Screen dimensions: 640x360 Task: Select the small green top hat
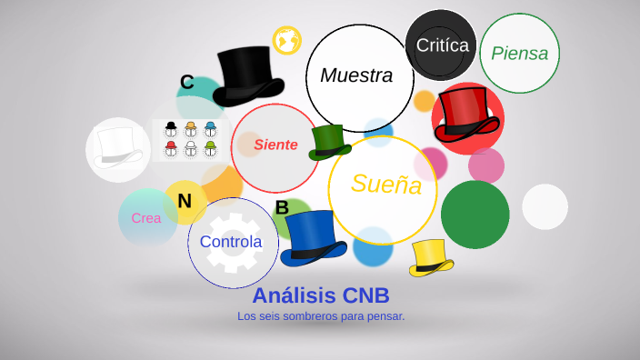point(329,142)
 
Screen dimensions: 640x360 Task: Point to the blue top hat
point(313,237)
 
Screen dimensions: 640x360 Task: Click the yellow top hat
point(431,257)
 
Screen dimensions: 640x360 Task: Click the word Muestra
point(356,75)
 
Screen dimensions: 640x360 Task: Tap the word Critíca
point(442,45)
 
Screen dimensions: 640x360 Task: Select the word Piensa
point(519,53)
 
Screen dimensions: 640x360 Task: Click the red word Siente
point(275,145)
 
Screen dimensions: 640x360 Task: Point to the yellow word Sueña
point(386,185)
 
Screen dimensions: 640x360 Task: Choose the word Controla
point(231,242)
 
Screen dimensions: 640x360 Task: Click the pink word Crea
point(146,218)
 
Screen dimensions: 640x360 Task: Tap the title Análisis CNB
point(321,295)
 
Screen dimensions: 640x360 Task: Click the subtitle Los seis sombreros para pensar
point(321,316)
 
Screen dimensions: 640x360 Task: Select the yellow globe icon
point(287,40)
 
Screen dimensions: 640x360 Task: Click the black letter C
point(187,83)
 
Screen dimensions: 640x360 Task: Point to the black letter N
point(185,201)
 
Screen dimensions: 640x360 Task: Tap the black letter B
point(282,208)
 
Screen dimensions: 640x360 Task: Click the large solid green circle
point(475,215)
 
